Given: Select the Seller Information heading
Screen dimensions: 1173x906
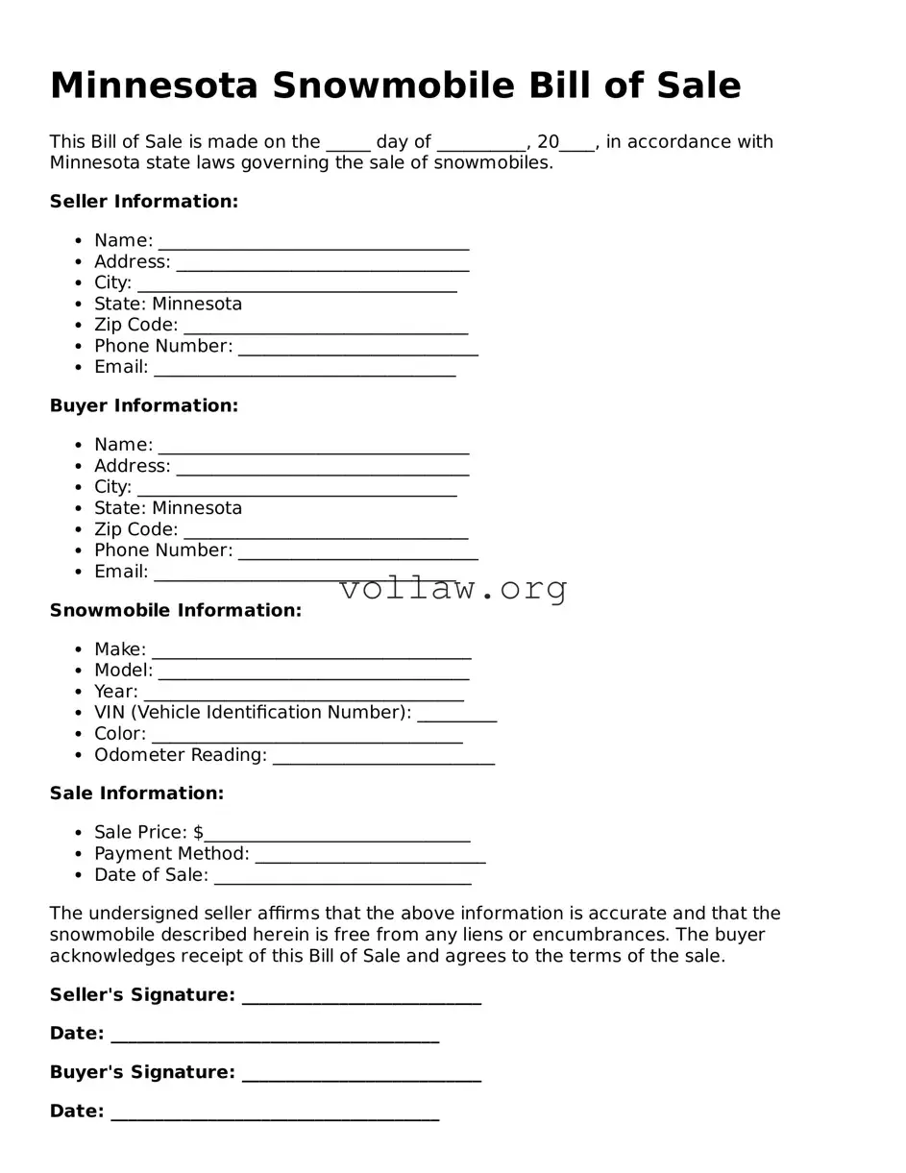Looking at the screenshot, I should [144, 202].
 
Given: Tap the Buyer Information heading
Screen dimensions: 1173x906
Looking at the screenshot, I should [144, 406].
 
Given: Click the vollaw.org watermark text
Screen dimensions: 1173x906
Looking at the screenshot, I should [453, 588].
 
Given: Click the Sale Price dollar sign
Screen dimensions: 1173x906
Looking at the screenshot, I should [198, 833].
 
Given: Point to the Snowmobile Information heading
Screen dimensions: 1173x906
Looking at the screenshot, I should [176, 611].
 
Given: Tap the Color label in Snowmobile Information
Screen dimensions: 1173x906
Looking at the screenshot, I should [119, 734].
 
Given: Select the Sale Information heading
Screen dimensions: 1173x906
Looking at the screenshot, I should [136, 794].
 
